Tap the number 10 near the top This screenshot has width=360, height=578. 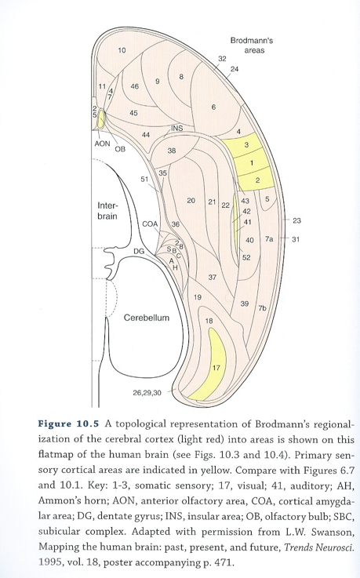(x=122, y=50)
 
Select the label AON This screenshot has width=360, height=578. (x=102, y=144)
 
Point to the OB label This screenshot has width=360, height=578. (x=120, y=149)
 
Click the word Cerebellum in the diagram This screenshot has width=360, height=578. (x=147, y=318)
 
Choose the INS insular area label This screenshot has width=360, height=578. (x=177, y=129)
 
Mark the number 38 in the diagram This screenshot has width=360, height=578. (x=172, y=151)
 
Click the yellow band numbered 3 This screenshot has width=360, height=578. (x=246, y=145)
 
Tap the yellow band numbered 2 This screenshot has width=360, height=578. (x=256, y=180)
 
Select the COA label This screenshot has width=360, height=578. (x=150, y=224)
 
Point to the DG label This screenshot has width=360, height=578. (x=139, y=251)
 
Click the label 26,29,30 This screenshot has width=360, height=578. (x=147, y=393)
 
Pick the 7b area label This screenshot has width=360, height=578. (x=262, y=308)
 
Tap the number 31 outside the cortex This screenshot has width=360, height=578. (x=296, y=239)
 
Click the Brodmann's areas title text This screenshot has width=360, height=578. (x=252, y=45)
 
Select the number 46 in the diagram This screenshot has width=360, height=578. (x=134, y=86)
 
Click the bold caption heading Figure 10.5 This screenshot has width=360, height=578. (x=68, y=424)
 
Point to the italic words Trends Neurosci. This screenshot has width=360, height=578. (x=318, y=547)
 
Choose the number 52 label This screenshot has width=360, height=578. (x=246, y=257)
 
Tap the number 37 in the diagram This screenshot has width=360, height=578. (x=213, y=277)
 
